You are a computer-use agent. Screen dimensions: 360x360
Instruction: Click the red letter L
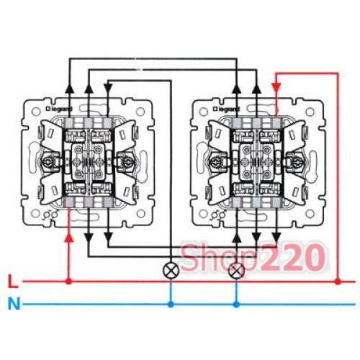pos(13,282)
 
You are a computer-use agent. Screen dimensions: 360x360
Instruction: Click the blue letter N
pos(14,304)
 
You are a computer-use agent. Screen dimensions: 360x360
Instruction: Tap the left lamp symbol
pos(171,270)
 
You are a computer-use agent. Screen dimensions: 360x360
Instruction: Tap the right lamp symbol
pos(236,270)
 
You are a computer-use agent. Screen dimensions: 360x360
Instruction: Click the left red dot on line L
pos(69,282)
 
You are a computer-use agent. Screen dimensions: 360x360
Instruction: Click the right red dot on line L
pos(338,282)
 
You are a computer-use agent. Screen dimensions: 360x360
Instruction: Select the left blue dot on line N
pos(171,305)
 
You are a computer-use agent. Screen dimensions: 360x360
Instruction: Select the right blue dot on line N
pos(236,305)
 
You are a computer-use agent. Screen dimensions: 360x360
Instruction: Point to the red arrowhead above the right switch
pos(276,86)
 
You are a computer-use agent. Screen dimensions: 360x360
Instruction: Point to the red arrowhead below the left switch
pos(69,238)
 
